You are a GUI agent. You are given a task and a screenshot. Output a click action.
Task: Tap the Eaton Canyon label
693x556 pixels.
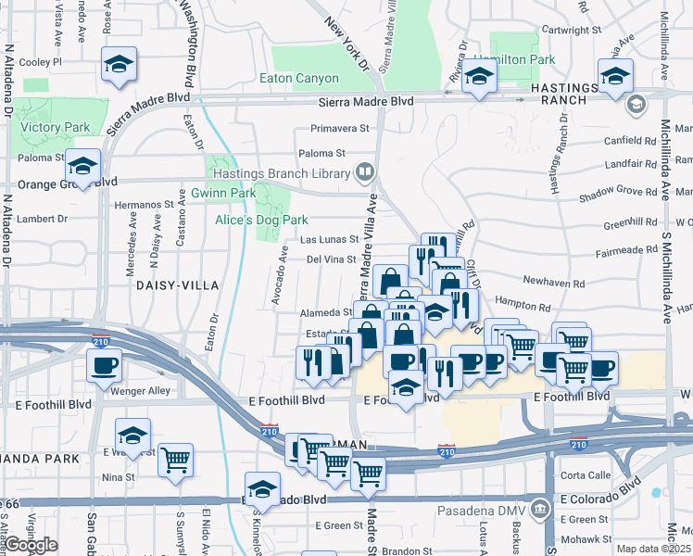pyautogui.click(x=304, y=80)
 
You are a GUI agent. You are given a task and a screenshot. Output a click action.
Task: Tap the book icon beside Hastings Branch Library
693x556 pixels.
pyautogui.click(x=365, y=171)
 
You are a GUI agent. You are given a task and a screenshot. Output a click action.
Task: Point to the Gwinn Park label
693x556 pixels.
pyautogui.click(x=223, y=193)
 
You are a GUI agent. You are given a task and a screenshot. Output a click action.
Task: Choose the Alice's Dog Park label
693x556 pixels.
pyautogui.click(x=260, y=220)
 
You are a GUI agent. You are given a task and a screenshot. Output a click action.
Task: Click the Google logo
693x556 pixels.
pyautogui.click(x=31, y=545)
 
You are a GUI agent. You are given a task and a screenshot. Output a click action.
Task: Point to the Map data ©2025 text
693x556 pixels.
pyautogui.click(x=653, y=549)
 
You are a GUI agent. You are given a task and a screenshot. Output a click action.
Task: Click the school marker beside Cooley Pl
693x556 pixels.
pyautogui.click(x=119, y=65)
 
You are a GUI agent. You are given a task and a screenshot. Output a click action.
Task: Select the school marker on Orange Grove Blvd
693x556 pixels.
pyautogui.click(x=82, y=167)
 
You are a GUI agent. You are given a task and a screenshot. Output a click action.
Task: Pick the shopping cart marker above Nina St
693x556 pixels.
pyautogui.click(x=175, y=459)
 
